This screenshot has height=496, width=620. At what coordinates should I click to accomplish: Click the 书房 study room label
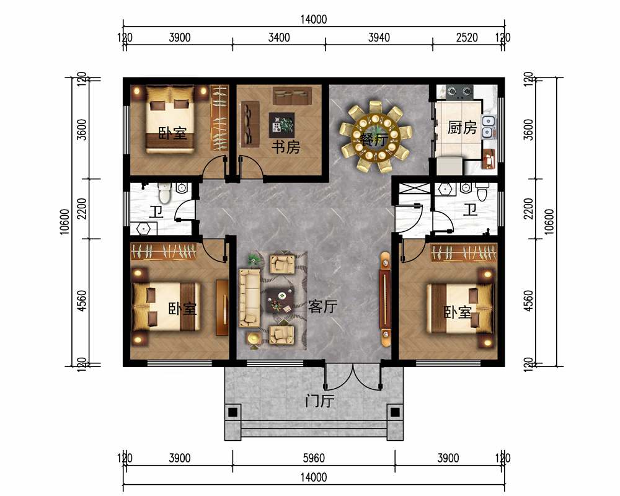pyautogui.click(x=285, y=147)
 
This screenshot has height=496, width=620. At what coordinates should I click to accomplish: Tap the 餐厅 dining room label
pyautogui.click(x=374, y=139)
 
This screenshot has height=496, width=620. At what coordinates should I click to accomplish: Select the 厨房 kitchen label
pyautogui.click(x=463, y=128)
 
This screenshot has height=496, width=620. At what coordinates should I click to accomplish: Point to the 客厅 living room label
pyautogui.click(x=322, y=306)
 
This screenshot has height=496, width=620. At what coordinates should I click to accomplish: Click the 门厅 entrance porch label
pyautogui.click(x=320, y=401)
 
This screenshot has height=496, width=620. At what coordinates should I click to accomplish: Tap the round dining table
pyautogui.click(x=376, y=137)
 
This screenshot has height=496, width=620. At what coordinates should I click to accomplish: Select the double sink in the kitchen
pyautogui.click(x=489, y=126)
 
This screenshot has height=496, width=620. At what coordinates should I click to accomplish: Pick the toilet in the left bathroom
pyautogui.click(x=164, y=192)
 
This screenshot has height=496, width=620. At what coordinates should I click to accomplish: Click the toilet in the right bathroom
pyautogui.click(x=482, y=192)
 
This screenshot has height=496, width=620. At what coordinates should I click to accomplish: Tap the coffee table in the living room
pyautogui.click(x=280, y=301)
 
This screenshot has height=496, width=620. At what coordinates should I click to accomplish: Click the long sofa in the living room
pyautogui.click(x=249, y=298)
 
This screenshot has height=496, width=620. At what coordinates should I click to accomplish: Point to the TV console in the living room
pyautogui.click(x=385, y=299)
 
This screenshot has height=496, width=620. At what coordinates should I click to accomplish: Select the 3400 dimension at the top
pyautogui.click(x=279, y=38)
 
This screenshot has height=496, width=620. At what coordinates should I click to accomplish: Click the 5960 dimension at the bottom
pyautogui.click(x=314, y=458)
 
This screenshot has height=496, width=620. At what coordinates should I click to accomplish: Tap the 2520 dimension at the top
pyautogui.click(x=467, y=38)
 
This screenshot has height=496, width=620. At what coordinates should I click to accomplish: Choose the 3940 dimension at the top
pyautogui.click(x=379, y=38)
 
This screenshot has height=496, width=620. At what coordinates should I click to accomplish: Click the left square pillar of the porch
pyautogui.click(x=233, y=412)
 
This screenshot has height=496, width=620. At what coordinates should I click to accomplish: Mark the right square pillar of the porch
pyautogui.click(x=395, y=412)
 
